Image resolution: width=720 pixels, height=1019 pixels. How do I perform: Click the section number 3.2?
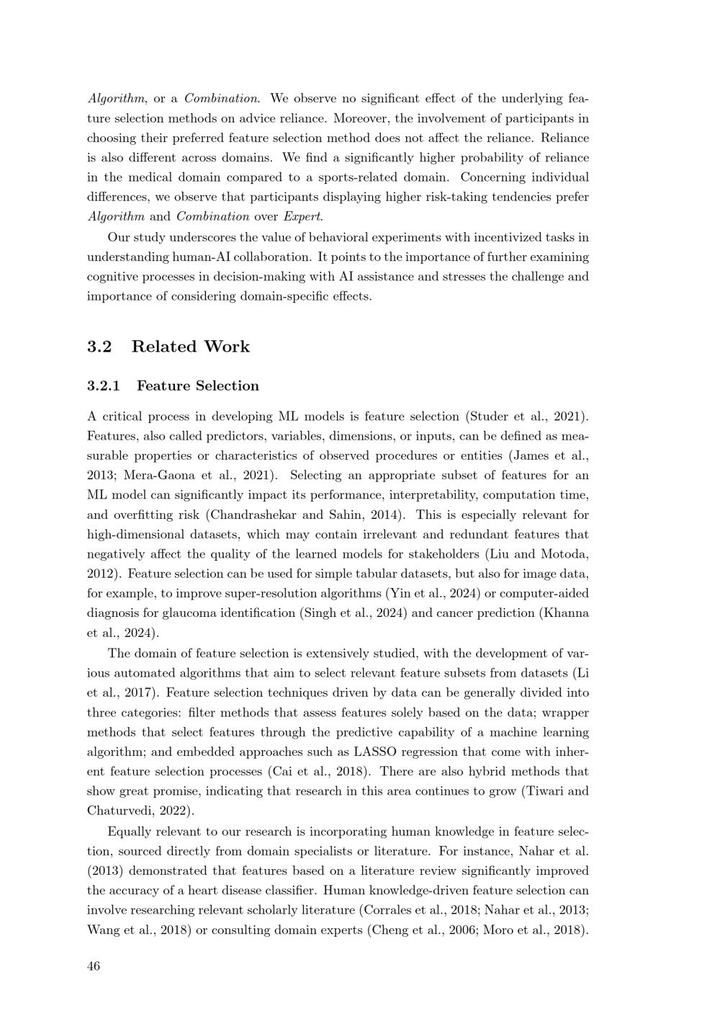(x=99, y=347)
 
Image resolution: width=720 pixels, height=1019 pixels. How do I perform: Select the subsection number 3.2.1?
(x=104, y=386)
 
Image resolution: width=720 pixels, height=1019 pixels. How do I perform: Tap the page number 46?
(x=94, y=966)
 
